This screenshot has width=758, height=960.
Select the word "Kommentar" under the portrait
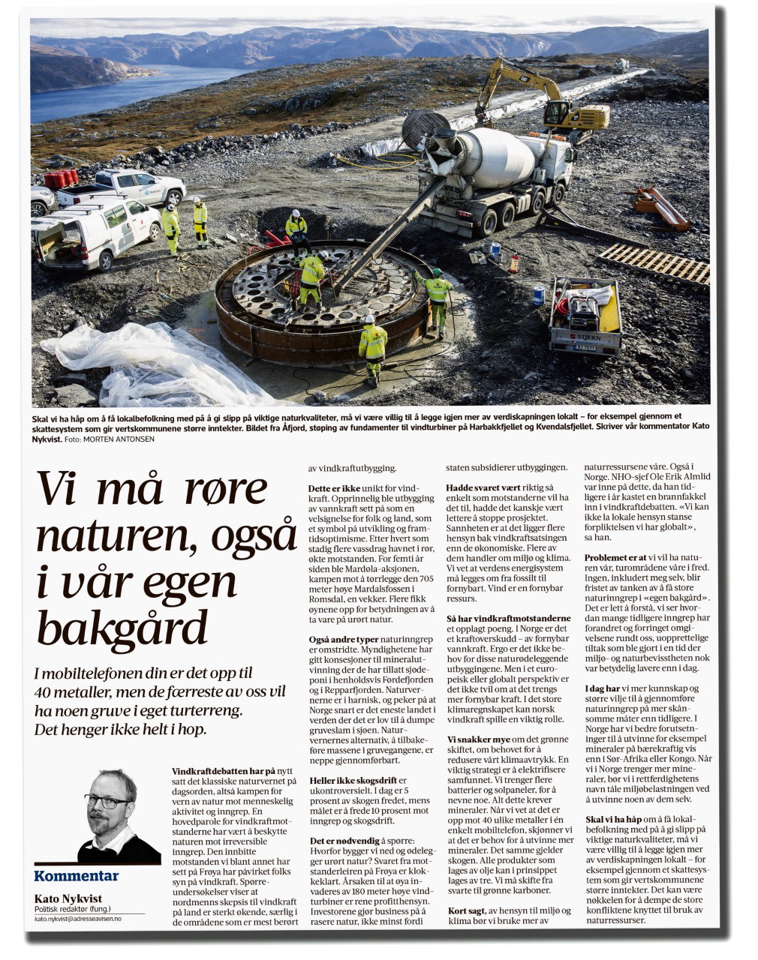pos(76,876)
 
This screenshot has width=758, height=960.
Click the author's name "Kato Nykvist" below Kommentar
pos(68,898)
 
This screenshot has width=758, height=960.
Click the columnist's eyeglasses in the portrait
pos(107,802)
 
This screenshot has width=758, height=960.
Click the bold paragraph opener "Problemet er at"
pos(615,558)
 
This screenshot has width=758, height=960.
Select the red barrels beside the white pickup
pos(62,179)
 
